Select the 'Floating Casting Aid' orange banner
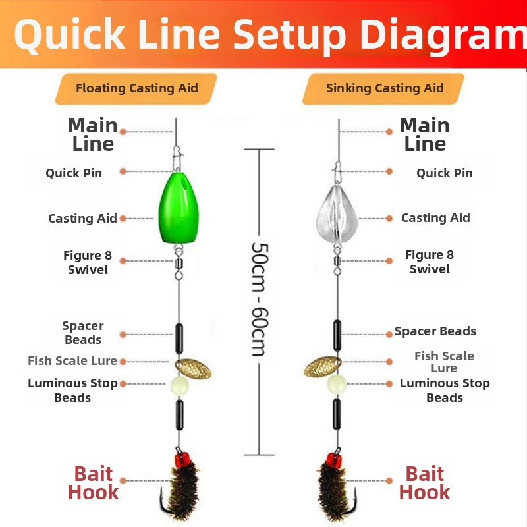click(136, 88)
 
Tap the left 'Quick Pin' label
click(74, 173)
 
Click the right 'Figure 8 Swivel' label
click(430, 262)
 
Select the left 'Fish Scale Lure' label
click(72, 360)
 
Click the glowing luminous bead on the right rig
click(337, 383)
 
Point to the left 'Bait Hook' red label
click(93, 483)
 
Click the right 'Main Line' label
click(425, 134)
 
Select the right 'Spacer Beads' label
click(435, 331)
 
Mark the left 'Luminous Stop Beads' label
click(72, 390)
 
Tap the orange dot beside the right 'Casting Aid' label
click(389, 218)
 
